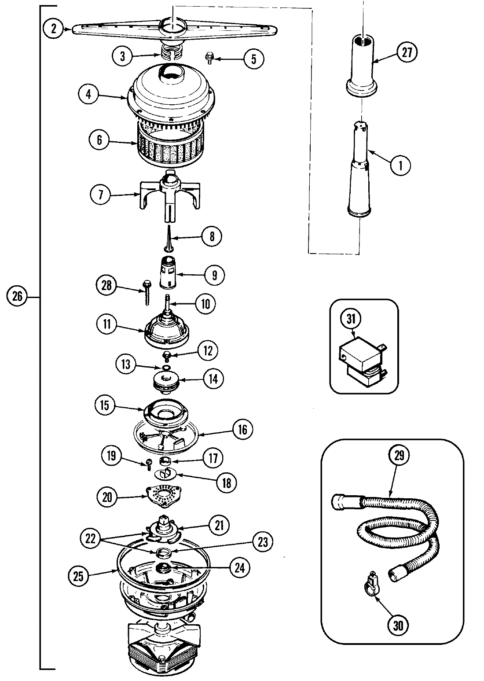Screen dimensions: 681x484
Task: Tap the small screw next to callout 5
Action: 209,57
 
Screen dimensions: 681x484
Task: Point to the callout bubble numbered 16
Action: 242,430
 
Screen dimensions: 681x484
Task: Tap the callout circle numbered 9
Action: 214,275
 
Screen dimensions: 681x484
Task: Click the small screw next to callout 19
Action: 149,461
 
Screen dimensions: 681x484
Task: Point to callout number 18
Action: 225,482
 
